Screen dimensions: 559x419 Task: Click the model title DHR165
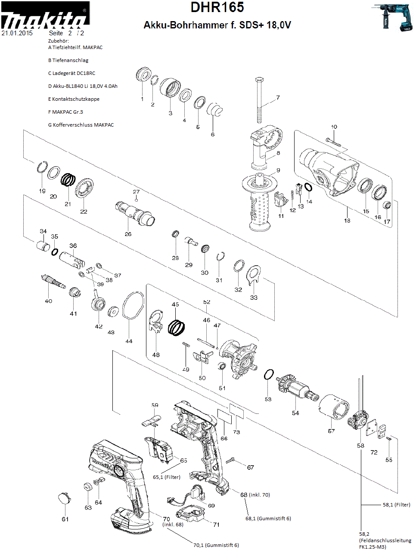217,7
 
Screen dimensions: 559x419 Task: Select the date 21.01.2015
17,33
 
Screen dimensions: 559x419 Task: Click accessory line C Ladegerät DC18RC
72,73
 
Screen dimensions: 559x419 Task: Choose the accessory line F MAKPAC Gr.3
66,112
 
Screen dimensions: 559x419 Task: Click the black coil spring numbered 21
68,180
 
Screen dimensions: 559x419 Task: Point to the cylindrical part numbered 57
334,407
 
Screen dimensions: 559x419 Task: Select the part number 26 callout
128,234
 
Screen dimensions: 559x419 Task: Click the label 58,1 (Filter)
396,505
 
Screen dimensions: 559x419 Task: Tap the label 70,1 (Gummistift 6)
216,545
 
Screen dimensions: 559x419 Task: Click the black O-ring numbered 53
269,375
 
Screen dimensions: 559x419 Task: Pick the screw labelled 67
230,461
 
